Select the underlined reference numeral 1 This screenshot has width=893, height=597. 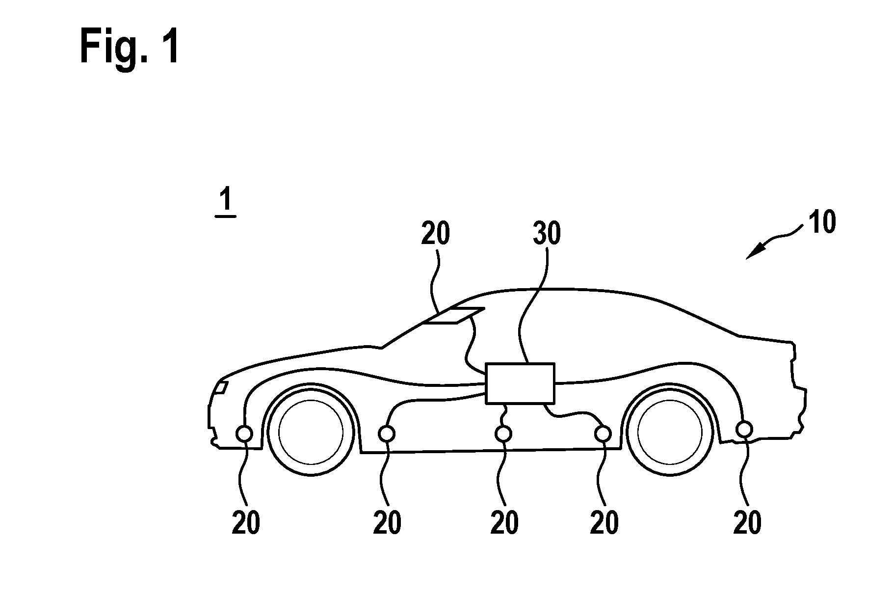point(226,203)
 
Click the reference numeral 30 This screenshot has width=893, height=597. point(547,234)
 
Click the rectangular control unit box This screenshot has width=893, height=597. point(520,383)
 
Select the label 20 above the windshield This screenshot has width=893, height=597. point(435,234)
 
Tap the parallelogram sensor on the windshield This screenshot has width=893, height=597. point(454,316)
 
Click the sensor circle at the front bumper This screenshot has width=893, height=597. point(244,434)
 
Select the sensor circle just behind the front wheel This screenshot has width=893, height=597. point(387,434)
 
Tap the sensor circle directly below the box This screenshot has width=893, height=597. point(503,434)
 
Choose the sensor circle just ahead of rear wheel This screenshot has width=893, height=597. point(603,434)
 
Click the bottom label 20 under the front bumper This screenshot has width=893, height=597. point(246,522)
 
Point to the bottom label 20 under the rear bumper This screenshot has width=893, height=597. point(747,522)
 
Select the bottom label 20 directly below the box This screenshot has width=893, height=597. point(504,522)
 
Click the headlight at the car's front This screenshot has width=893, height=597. point(220,388)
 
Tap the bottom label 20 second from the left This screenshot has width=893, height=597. point(387,522)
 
